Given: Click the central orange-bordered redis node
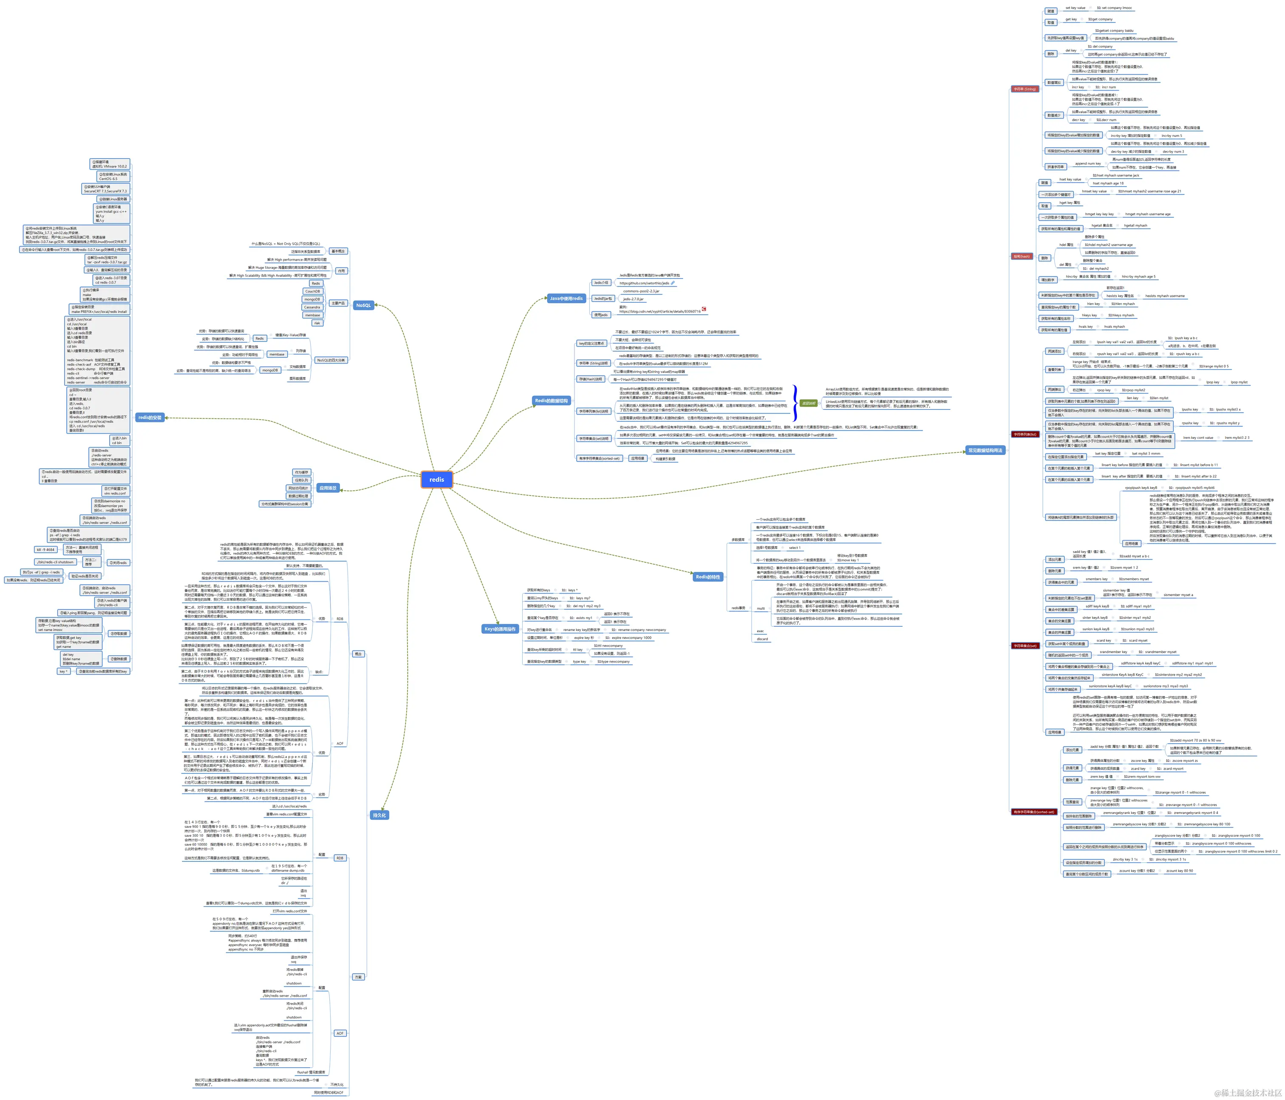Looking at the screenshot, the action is tap(436, 480).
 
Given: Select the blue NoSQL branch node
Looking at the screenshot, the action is tap(363, 305).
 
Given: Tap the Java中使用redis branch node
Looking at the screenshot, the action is tap(566, 298).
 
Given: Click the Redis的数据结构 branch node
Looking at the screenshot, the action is tap(551, 401).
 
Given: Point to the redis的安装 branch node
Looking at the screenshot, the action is tap(150, 418).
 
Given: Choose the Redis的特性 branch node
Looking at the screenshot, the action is tap(708, 577).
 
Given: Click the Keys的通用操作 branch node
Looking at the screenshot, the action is tap(500, 629).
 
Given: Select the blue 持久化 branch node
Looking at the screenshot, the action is tap(379, 815).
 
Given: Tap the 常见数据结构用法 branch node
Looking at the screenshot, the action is tap(985, 450).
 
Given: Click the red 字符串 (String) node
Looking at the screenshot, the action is tap(1025, 89).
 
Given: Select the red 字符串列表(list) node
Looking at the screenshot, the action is tap(1025, 434).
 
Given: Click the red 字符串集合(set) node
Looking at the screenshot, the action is tap(1025, 646).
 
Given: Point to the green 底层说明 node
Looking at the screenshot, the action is tap(809, 403).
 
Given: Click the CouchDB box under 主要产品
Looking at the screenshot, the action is tap(313, 291).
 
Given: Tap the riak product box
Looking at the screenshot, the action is tap(317, 323).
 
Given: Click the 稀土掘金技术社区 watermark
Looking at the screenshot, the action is tap(1248, 1092).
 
